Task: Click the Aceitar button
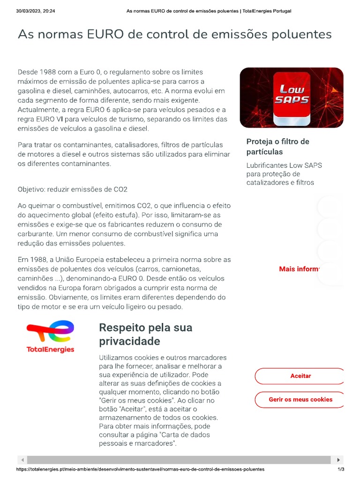tap(300, 376)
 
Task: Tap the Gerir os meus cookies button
tap(300, 399)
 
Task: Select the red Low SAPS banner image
tap(291, 97)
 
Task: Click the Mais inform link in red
tap(299, 269)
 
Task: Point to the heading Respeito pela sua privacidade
tap(145, 334)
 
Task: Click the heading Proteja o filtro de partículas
tap(277, 146)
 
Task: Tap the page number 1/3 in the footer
tap(341, 469)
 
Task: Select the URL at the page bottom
tap(140, 469)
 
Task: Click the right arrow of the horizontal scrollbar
tap(339, 460)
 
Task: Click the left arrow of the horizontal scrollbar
tap(22, 460)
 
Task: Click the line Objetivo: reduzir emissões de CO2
tap(72, 189)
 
